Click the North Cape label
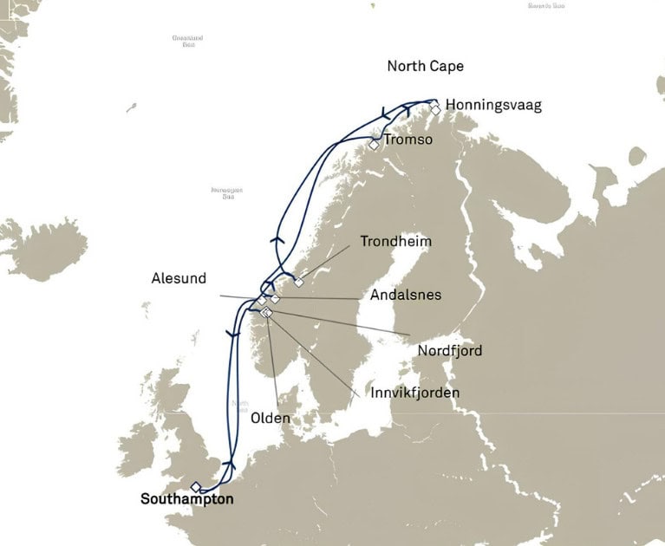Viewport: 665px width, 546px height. click(x=425, y=67)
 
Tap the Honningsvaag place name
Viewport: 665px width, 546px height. click(x=493, y=106)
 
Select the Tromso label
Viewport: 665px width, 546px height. click(x=407, y=140)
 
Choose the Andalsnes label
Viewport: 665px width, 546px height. click(x=405, y=295)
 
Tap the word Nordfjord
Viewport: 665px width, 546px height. click(x=449, y=351)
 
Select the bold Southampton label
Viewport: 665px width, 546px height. click(x=186, y=500)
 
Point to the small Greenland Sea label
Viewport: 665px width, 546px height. click(x=183, y=41)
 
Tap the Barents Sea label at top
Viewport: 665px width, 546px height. click(x=546, y=6)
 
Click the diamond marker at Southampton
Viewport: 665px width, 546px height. click(x=196, y=487)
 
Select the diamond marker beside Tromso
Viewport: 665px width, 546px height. click(x=373, y=145)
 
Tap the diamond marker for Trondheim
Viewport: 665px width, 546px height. click(x=299, y=282)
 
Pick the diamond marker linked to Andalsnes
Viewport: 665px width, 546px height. click(x=275, y=298)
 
